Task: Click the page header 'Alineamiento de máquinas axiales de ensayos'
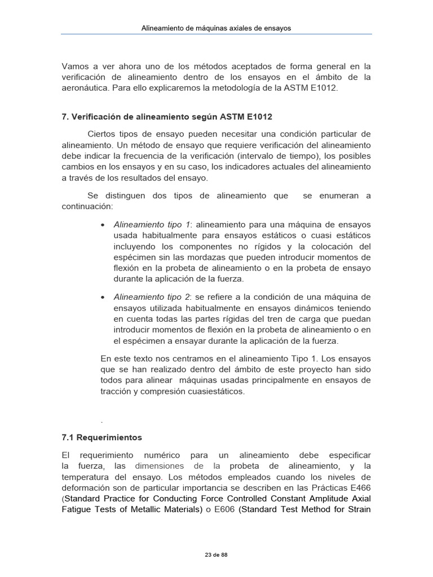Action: [216, 28]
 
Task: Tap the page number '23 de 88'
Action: [216, 555]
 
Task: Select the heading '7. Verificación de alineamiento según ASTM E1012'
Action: [167, 117]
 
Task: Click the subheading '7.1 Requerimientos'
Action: [101, 437]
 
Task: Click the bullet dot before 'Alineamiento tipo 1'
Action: [102, 225]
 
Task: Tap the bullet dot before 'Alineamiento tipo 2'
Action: [102, 298]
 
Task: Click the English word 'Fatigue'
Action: [77, 510]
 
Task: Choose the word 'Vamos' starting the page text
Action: [74, 66]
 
